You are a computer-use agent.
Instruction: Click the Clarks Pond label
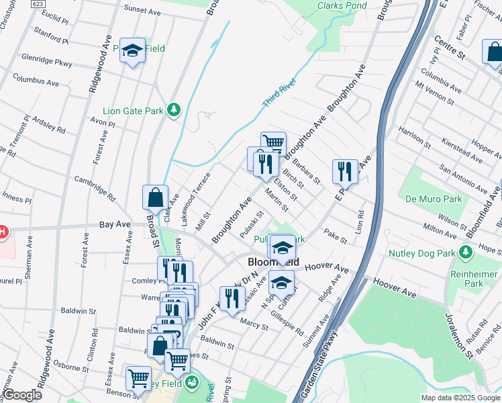342,5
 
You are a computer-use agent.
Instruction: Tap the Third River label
279,93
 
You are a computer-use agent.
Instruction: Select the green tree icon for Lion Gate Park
174,109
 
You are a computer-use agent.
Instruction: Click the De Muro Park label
443,199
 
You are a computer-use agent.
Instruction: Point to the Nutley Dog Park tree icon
465,253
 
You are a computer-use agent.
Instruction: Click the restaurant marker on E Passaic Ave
345,171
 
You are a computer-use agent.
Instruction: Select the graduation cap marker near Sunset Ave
132,50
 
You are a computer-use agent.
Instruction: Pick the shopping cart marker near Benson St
138,377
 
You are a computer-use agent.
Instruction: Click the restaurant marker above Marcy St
232,298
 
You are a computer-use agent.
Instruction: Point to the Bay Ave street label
114,224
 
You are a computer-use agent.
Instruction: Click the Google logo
22,395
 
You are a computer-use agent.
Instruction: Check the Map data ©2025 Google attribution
460,398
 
